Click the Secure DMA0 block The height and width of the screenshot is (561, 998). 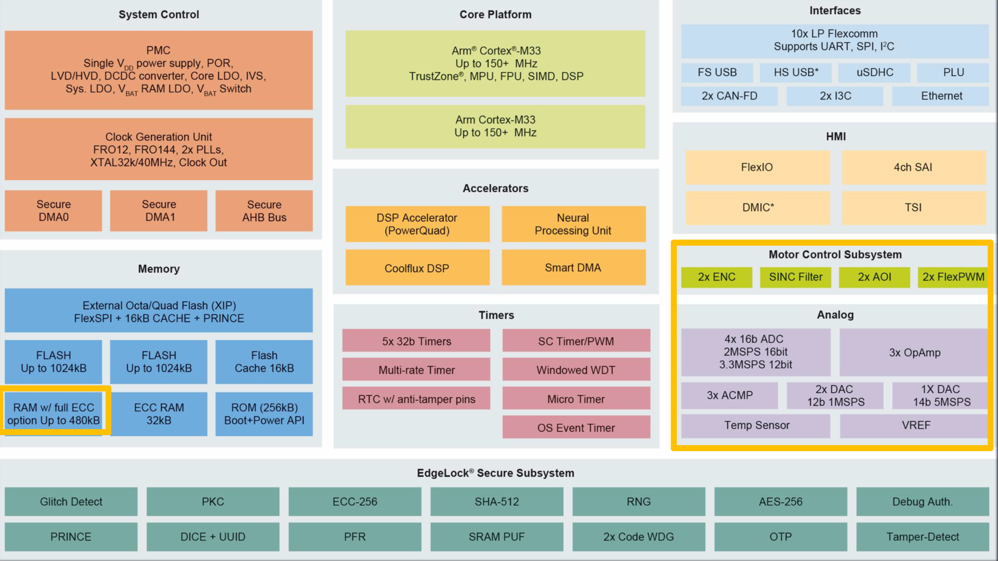coord(54,211)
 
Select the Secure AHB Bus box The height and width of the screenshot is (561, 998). coord(264,211)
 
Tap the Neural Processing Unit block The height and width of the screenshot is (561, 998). coord(573,224)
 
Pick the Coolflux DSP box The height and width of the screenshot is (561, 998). coord(417,268)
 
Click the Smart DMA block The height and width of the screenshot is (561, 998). coord(573,268)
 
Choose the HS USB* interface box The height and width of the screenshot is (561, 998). coord(795,73)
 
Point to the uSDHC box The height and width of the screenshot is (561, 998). coord(875,73)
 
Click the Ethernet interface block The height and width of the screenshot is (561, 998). coord(941,96)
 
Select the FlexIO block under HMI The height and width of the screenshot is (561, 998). coord(757,167)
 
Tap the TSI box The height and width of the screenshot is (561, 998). coord(913,207)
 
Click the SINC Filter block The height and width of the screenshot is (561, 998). coord(795,277)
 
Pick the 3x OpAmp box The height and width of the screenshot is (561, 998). coord(914,352)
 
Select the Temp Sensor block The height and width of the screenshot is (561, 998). coord(756,425)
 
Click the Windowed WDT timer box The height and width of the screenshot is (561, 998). coord(576,370)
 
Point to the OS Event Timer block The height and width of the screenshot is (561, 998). coord(576,428)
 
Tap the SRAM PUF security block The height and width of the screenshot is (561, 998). coord(496,537)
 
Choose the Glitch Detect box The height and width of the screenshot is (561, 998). coord(71,502)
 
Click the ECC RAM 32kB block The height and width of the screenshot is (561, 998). coord(159,414)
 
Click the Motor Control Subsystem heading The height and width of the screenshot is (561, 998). coord(835,255)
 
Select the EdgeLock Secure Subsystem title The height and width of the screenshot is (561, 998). coord(495,473)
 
